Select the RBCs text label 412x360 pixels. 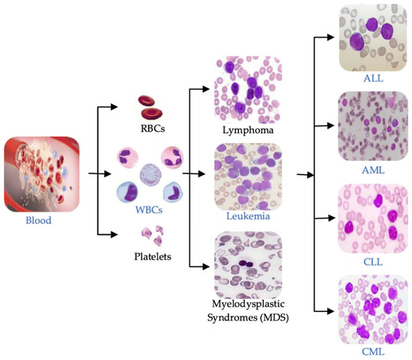pos(152,129)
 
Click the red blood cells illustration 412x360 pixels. pos(153,108)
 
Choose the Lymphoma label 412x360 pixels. pos(247,130)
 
